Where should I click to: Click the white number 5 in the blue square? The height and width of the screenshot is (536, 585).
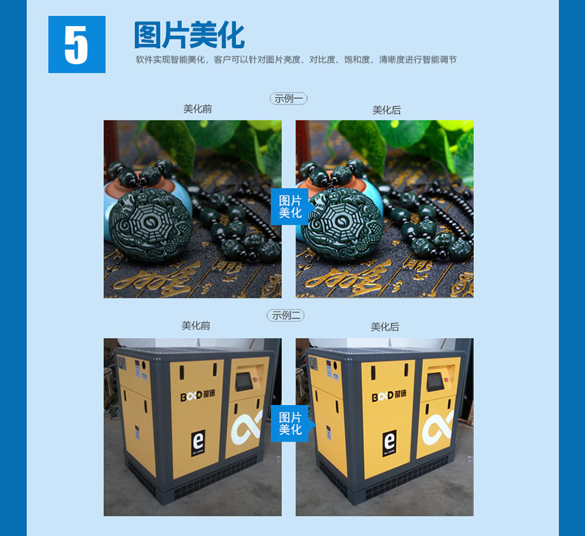click(x=76, y=45)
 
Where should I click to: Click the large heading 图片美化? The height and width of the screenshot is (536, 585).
click(x=189, y=35)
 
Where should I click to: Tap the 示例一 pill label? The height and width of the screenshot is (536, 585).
click(x=289, y=99)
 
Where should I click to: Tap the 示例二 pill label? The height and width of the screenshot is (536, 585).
click(x=285, y=316)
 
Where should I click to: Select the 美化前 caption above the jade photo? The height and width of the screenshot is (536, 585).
click(x=198, y=109)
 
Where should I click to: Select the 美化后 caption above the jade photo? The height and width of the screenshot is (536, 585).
click(x=387, y=110)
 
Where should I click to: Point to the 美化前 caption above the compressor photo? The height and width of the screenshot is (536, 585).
click(x=196, y=325)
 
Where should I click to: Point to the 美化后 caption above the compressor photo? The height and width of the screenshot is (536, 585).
click(x=385, y=327)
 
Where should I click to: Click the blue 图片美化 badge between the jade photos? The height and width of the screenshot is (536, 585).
click(x=291, y=206)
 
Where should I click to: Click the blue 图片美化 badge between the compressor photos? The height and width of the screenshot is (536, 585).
click(x=291, y=424)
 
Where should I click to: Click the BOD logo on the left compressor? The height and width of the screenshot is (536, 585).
click(x=198, y=394)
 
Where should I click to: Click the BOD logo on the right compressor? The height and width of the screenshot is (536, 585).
click(x=389, y=394)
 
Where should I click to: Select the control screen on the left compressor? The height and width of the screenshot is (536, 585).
click(x=245, y=381)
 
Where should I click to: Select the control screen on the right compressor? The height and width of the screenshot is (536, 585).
click(x=435, y=381)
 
